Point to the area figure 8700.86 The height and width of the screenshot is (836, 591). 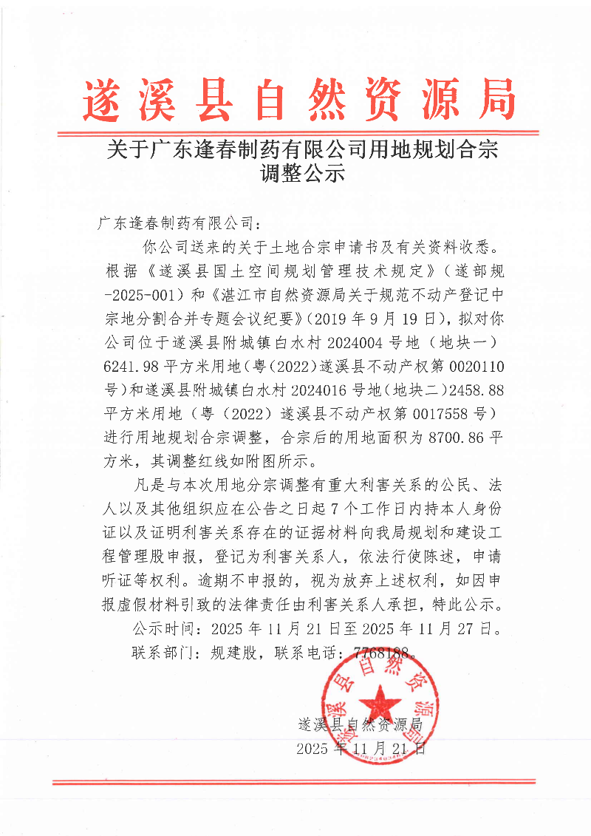(459, 436)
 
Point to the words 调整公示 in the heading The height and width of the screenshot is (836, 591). (298, 175)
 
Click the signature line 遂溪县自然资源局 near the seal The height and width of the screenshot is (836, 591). (359, 724)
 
